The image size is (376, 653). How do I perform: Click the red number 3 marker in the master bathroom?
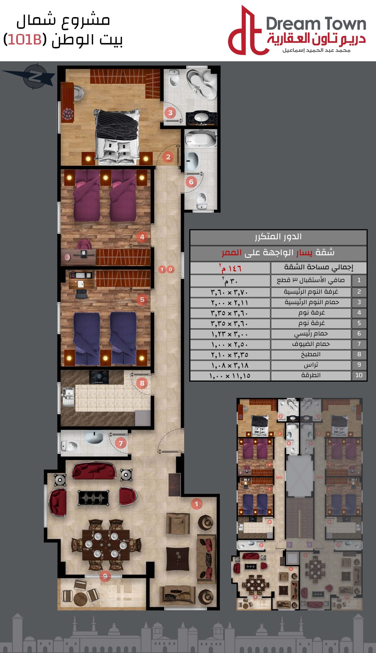coord(170,113)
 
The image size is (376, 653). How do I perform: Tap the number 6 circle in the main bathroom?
coord(191,182)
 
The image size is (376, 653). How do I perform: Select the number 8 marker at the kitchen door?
coord(142,383)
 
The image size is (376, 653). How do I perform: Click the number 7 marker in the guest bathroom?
coord(120,443)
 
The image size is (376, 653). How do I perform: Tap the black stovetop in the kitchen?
coord(99,377)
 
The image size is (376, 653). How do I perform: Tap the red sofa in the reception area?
coord(93,471)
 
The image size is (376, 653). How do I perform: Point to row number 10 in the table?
coord(359,375)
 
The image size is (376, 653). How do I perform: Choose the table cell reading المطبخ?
coord(311,354)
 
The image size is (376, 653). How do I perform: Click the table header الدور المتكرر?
coord(278,237)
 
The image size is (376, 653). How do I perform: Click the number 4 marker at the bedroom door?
coord(142,237)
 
